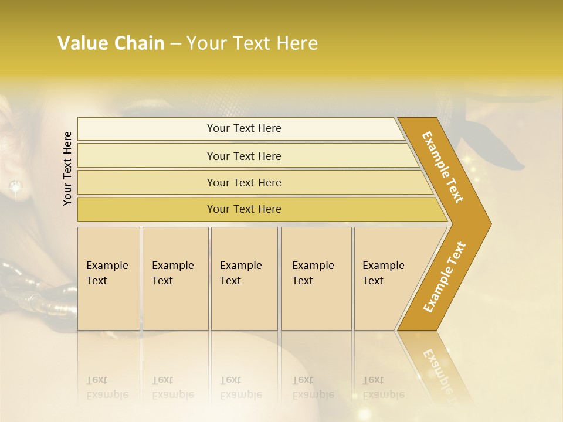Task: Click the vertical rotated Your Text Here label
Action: click(67, 169)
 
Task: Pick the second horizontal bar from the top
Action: click(244, 156)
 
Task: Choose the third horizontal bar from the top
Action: click(244, 182)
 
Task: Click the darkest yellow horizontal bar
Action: click(244, 209)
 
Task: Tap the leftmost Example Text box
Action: click(108, 278)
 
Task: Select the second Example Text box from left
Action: click(175, 278)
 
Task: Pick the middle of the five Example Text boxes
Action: click(244, 278)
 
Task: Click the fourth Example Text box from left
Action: click(316, 278)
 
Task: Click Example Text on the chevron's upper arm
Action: click(443, 167)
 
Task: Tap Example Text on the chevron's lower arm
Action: click(444, 277)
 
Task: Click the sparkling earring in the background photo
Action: click(15, 187)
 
